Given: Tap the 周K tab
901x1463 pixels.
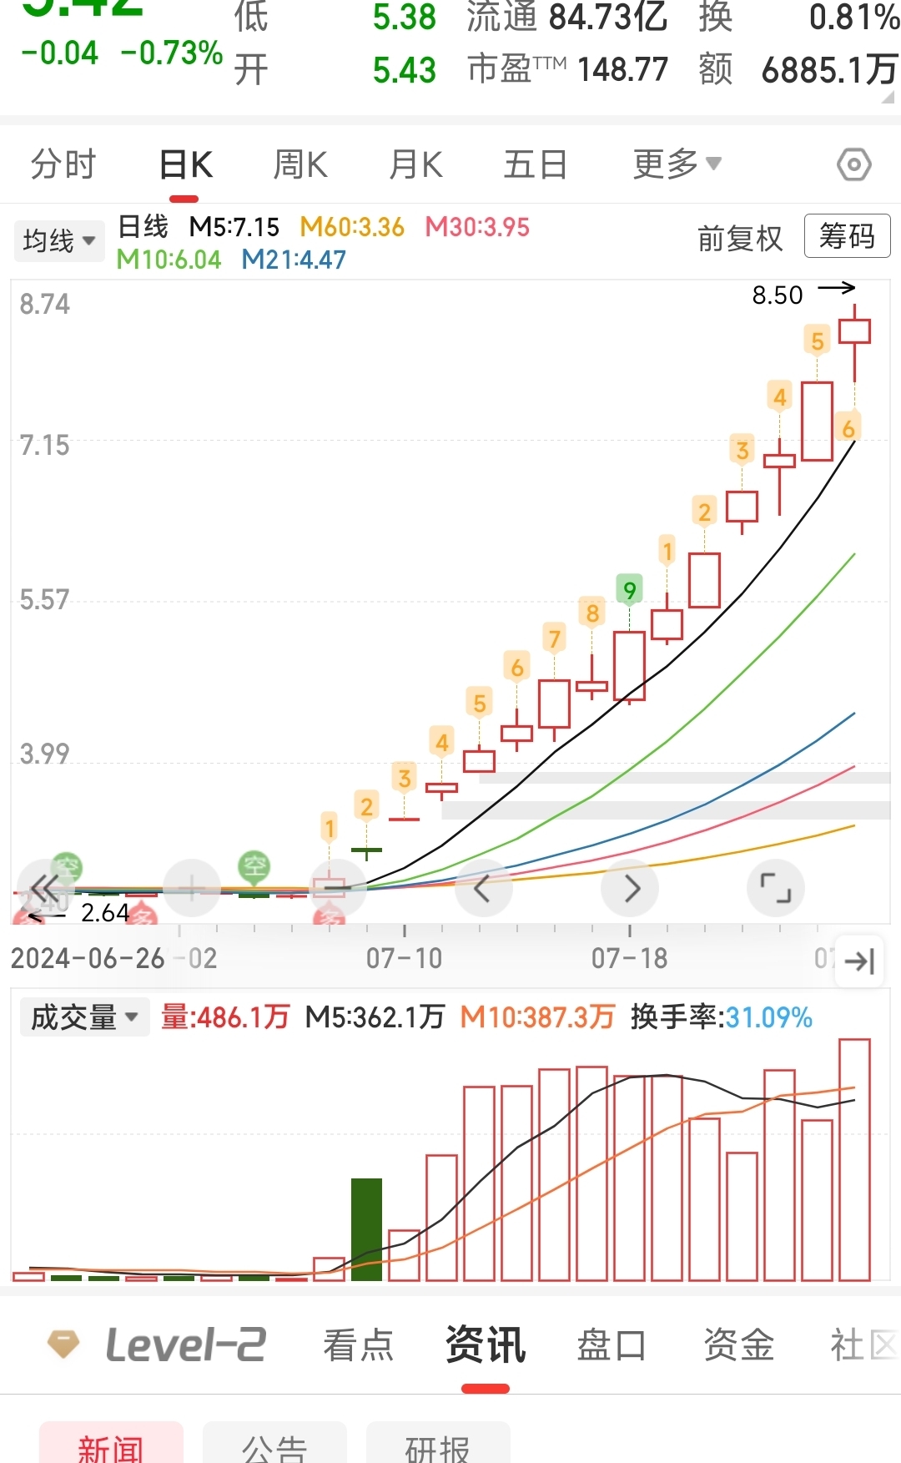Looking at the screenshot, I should [300, 164].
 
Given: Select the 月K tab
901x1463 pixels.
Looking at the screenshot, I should [415, 164].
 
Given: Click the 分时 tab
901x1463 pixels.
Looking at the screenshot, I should [63, 164].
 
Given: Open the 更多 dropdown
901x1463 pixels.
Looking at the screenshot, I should [677, 164].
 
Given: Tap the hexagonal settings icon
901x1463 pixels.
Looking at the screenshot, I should [853, 164].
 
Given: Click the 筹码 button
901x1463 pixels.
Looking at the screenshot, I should [847, 236].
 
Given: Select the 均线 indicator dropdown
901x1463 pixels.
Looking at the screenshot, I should [58, 241].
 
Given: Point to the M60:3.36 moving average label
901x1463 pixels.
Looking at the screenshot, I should [352, 227].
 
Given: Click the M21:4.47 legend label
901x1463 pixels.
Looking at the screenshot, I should [294, 260].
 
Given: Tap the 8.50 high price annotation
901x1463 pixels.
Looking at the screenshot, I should [778, 295].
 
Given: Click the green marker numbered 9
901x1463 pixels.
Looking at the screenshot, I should [629, 590].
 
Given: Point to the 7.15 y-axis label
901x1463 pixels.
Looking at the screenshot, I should [45, 446].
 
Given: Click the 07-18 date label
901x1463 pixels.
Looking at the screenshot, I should [629, 959].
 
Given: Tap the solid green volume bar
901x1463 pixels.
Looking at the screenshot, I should [366, 1228].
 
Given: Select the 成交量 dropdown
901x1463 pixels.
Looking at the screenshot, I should [84, 1017].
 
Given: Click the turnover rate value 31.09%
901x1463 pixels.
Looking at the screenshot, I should [768, 1017].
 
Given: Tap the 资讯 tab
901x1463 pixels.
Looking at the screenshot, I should [486, 1345].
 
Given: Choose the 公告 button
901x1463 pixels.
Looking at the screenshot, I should [274, 1447].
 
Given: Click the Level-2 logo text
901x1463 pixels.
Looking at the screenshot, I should [185, 1345].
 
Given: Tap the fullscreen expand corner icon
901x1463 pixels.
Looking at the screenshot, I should [775, 887].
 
